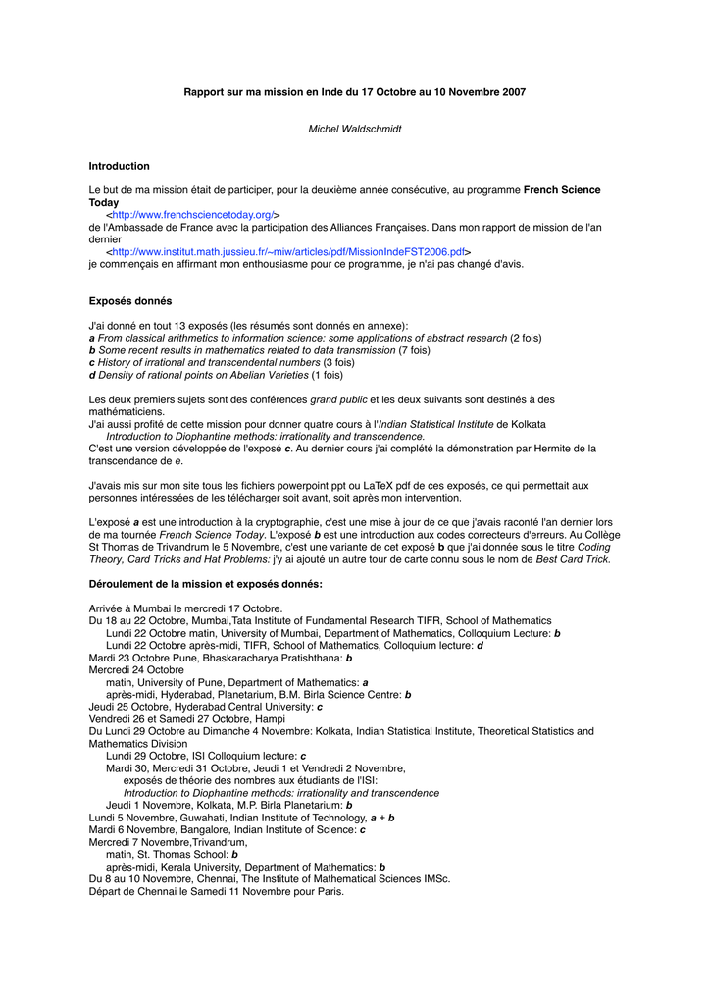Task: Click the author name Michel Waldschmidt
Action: pyautogui.click(x=355, y=129)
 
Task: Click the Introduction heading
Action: pyautogui.click(x=119, y=166)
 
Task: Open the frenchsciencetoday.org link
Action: pyautogui.click(x=193, y=214)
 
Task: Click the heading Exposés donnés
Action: pyautogui.click(x=130, y=301)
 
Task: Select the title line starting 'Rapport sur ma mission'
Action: pyautogui.click(x=355, y=92)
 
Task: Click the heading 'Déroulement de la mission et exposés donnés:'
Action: pyautogui.click(x=206, y=584)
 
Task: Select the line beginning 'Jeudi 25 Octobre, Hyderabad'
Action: pyautogui.click(x=205, y=707)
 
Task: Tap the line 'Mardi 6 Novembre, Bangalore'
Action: pyautogui.click(x=227, y=829)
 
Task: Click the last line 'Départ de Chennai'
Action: pyautogui.click(x=216, y=891)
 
